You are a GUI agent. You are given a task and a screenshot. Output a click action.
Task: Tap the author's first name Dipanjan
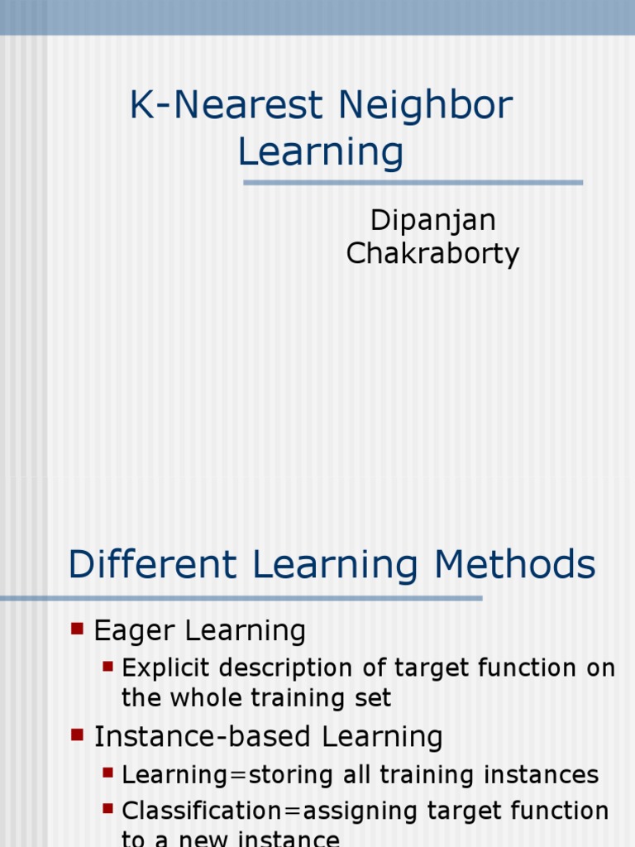(432, 220)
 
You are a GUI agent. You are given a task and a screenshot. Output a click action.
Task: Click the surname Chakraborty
(432, 253)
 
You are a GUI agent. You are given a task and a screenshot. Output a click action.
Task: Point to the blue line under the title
(413, 183)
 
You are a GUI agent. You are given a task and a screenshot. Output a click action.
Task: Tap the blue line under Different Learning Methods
(240, 598)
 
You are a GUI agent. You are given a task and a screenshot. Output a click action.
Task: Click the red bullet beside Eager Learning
(78, 629)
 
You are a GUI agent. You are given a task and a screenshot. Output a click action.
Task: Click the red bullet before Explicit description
(107, 665)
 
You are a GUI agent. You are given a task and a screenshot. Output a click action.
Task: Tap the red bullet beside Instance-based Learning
(78, 734)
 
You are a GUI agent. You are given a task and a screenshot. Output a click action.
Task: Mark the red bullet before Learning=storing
(107, 773)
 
